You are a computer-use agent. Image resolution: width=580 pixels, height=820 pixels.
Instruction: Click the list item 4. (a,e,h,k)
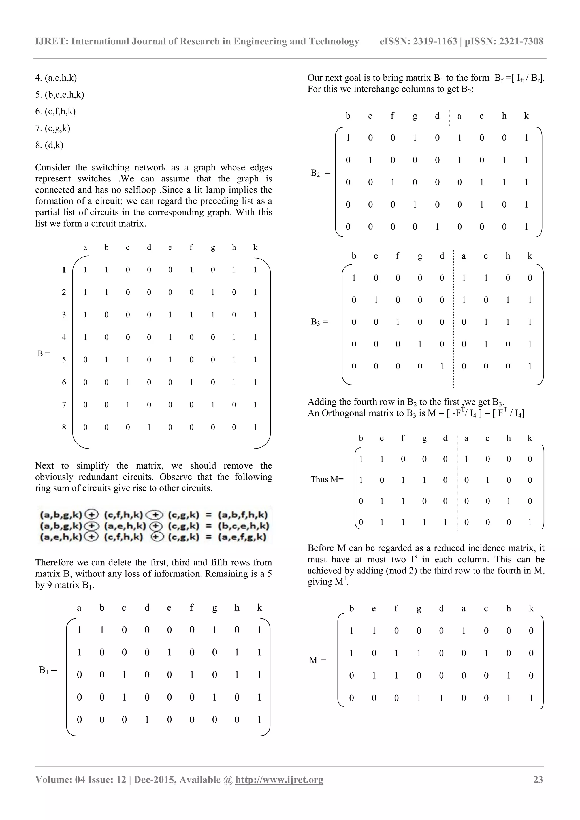click(56, 78)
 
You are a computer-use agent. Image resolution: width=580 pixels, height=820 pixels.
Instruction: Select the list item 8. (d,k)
click(49, 145)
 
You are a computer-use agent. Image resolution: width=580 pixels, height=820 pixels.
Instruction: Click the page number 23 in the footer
click(538, 780)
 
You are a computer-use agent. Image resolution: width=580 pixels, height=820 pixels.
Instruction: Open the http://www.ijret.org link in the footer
click(279, 780)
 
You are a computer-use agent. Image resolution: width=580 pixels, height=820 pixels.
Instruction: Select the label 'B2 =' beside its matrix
click(320, 173)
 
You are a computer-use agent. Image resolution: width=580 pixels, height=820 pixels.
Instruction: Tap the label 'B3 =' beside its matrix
click(319, 322)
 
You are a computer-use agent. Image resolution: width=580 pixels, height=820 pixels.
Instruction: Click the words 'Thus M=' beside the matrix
click(327, 479)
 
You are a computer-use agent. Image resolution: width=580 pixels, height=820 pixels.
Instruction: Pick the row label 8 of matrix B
click(64, 427)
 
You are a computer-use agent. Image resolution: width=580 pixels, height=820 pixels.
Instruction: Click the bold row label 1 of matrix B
click(64, 270)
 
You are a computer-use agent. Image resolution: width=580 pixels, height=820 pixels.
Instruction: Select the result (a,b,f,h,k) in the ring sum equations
click(243, 515)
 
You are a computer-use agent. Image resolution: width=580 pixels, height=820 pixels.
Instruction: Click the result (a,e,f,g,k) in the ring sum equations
click(242, 537)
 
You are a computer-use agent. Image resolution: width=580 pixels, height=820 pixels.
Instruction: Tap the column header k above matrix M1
click(531, 608)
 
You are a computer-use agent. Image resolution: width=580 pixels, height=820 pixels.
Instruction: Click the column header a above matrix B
click(85, 247)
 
